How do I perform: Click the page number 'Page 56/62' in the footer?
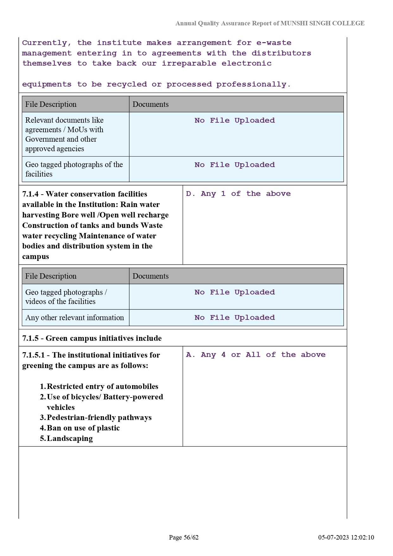[184, 537]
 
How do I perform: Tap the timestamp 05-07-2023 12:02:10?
[346, 537]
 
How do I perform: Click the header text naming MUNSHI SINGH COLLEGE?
[270, 23]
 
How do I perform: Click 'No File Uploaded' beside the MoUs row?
[235, 120]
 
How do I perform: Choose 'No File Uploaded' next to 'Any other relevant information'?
[235, 318]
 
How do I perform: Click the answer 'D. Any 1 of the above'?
[238, 194]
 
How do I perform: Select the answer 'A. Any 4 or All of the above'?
[256, 355]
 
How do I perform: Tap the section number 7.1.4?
[30, 194]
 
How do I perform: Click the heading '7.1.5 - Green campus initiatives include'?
[92, 338]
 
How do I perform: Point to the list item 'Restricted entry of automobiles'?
[102, 386]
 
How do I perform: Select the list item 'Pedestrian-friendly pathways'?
[99, 417]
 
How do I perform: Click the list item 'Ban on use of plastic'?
[83, 428]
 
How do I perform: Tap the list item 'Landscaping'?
[70, 438]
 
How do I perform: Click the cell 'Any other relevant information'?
[74, 318]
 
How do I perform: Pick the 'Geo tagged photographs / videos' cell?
[66, 297]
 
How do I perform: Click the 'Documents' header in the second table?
[150, 276]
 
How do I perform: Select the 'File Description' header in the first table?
[51, 104]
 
